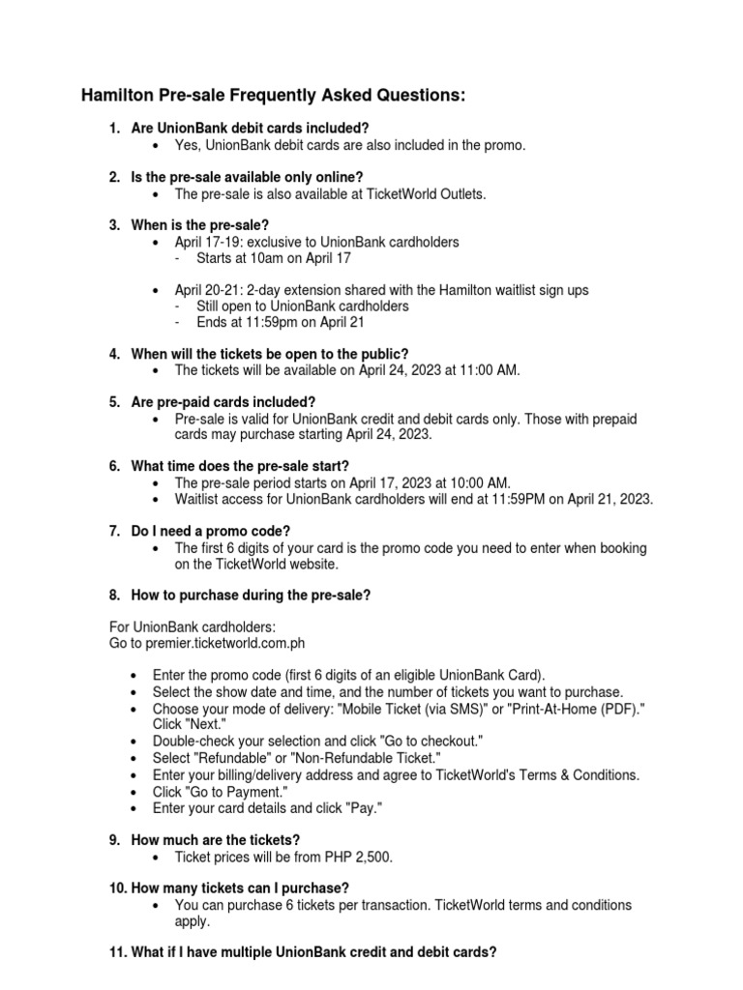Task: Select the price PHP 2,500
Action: tap(362, 858)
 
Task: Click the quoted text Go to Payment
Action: tap(210, 791)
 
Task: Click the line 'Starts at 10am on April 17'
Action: tap(274, 258)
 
